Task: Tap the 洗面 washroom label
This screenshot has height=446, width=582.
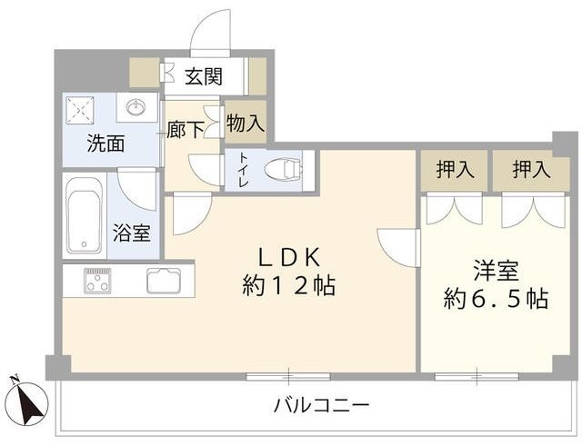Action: coord(105,143)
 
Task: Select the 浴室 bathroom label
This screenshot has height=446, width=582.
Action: coord(132,233)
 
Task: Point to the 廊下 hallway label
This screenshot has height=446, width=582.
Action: coord(186,129)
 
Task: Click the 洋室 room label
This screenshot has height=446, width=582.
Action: coord(496,270)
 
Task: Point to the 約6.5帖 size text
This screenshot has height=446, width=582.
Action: coord(496,299)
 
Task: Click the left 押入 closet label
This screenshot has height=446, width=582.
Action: coord(454,169)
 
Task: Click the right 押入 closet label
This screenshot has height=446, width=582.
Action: coord(529,169)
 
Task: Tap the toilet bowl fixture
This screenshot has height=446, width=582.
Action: coord(284,168)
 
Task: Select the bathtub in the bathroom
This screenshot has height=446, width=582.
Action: coord(85,215)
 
